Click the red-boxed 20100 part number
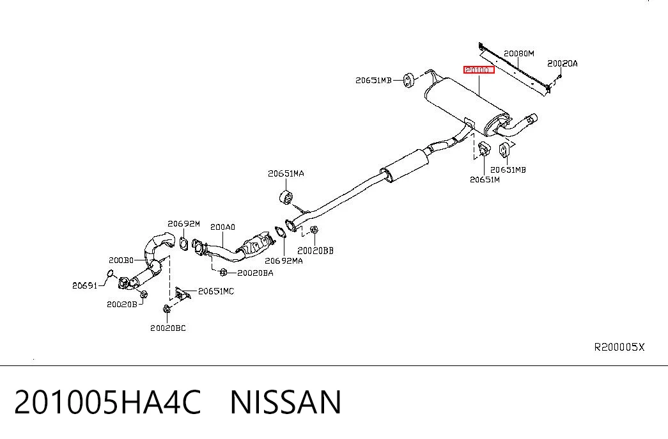(479, 70)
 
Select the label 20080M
(519, 53)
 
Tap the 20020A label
(563, 63)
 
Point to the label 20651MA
(286, 173)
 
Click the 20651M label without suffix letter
(485, 180)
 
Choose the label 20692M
(183, 223)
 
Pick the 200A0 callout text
(222, 227)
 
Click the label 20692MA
(284, 260)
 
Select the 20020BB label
(315, 251)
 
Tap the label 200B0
(121, 260)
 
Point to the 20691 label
(85, 285)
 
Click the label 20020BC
(168, 328)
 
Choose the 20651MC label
(216, 291)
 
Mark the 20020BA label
(255, 273)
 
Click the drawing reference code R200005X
(619, 347)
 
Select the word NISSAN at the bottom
(286, 402)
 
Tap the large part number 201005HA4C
(107, 402)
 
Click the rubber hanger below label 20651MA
(286, 198)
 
